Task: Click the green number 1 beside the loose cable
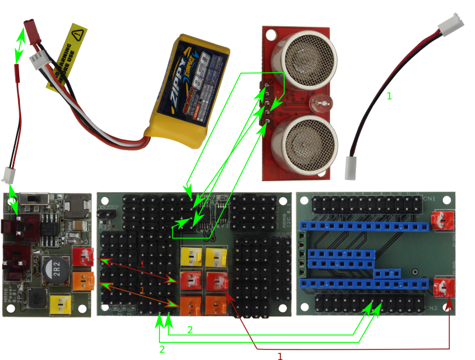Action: pos(390,96)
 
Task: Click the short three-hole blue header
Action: pos(387,273)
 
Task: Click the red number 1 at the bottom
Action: pos(280,355)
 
